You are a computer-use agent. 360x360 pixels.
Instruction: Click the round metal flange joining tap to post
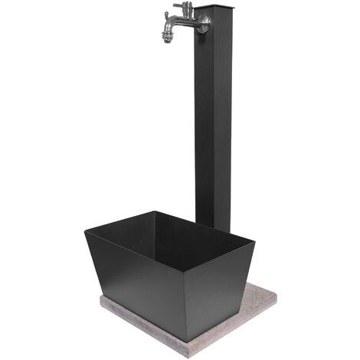point(201,23)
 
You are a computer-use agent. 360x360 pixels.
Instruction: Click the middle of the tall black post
point(214,123)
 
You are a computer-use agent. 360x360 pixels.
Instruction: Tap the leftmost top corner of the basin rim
point(83,227)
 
